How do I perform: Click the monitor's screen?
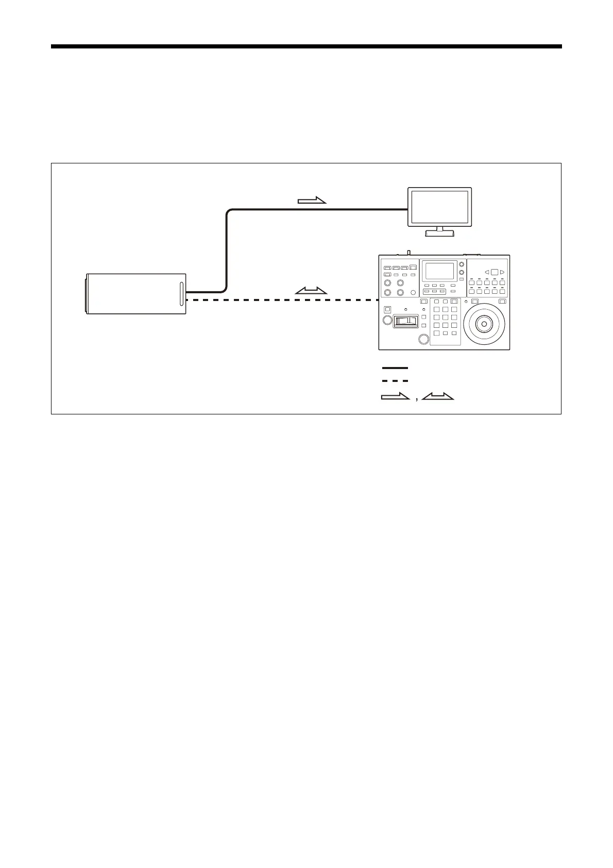coord(439,207)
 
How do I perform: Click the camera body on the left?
coord(135,294)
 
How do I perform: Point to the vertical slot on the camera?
coord(181,294)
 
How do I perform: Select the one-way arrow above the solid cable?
coord(312,201)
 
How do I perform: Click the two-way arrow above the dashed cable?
coord(311,291)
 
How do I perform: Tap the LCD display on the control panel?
coord(439,271)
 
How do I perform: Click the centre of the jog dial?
coord(483,324)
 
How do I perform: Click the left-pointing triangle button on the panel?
coord(486,272)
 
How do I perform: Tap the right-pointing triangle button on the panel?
coord(502,272)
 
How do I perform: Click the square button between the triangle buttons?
coord(494,272)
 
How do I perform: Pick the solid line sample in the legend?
coord(395,368)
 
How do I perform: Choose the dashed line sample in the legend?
coord(395,381)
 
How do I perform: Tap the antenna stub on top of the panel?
coord(408,253)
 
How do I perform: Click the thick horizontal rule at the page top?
coord(306,46)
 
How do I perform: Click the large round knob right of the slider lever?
coord(423,339)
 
